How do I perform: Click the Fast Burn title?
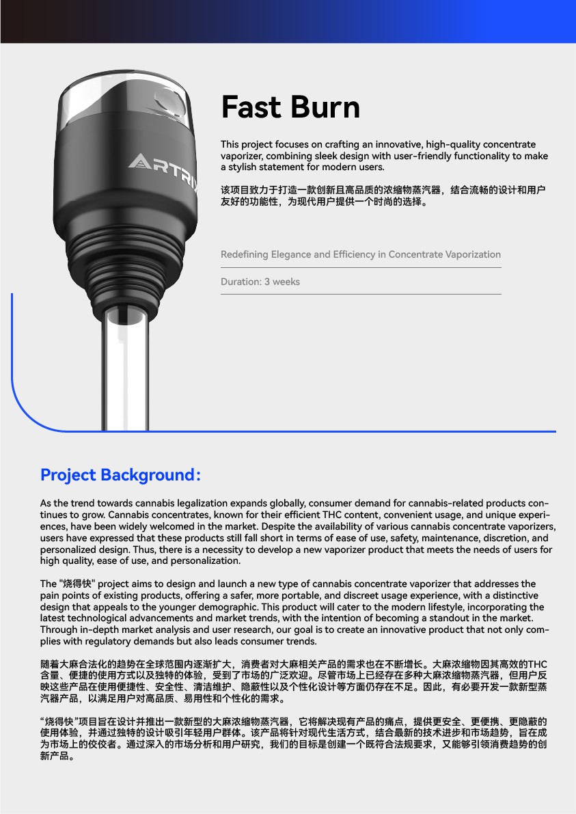(290, 107)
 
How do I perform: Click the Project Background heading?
(120, 474)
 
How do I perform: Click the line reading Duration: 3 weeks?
(260, 282)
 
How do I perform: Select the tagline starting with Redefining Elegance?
(360, 254)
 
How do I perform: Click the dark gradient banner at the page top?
(288, 21)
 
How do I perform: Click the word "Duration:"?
(241, 282)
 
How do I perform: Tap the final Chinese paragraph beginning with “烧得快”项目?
(294, 739)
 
